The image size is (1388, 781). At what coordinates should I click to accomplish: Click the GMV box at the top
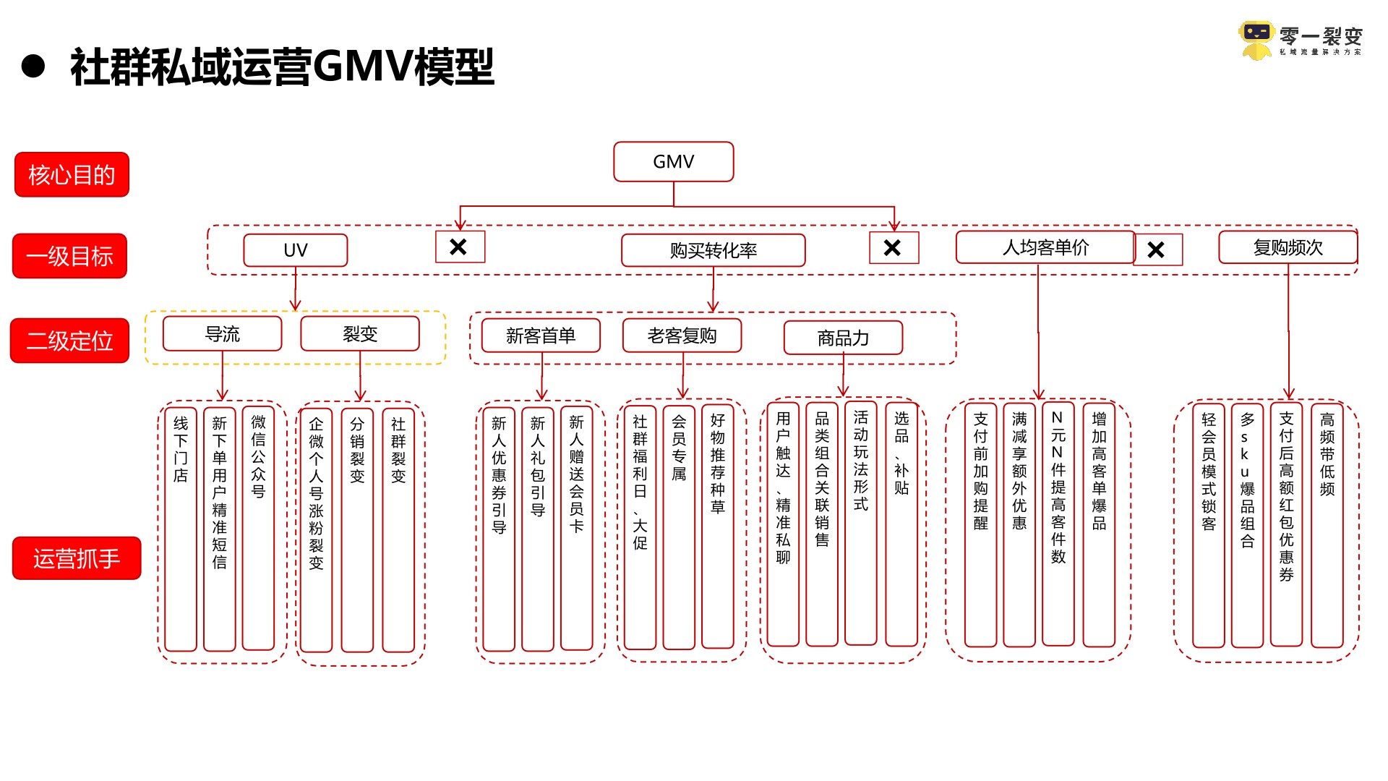coord(673,161)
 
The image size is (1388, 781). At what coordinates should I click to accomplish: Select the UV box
coord(295,250)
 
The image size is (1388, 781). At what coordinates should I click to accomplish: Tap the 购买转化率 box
coord(713,250)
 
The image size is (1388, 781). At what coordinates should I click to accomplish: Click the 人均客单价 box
coord(1045,247)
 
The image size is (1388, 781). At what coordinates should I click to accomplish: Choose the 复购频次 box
coord(1288,247)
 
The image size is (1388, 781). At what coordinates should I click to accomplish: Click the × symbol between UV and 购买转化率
coord(460,247)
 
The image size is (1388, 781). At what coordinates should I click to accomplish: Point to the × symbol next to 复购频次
coord(1157,250)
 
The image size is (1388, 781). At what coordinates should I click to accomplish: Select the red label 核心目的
coord(72,174)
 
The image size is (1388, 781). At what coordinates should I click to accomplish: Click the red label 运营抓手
coord(76,558)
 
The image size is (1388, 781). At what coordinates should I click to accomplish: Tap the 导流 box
coord(222,334)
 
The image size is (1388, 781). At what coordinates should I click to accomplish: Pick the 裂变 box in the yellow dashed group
coord(360,334)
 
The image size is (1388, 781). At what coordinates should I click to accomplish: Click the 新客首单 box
coord(540,336)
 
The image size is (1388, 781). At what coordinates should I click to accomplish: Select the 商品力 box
coord(843,338)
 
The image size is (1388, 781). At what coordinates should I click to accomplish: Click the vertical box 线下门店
coord(181,528)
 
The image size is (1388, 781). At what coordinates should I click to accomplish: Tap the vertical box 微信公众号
coord(258,528)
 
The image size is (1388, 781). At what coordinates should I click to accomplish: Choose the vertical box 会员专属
coord(679,528)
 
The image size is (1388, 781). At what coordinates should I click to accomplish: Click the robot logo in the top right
coord(1256,40)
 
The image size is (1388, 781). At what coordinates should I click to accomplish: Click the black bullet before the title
coord(33,67)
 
